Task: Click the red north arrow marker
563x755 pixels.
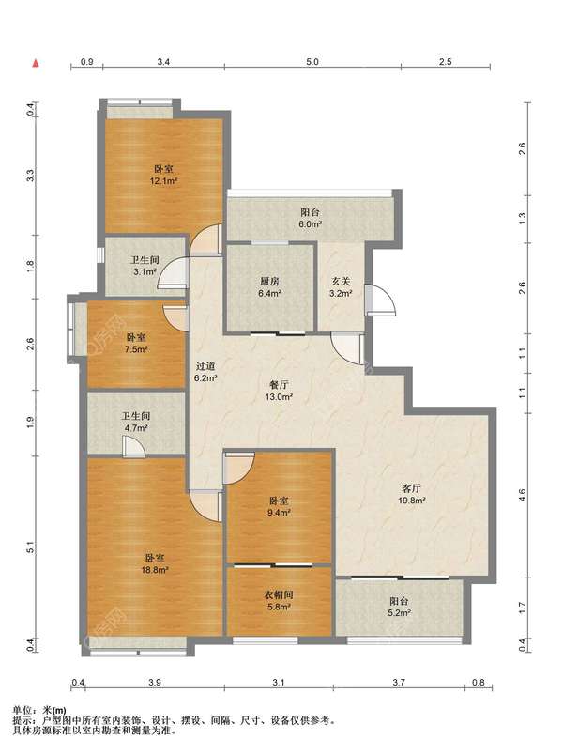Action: click(x=36, y=63)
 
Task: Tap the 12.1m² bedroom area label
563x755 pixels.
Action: click(x=163, y=176)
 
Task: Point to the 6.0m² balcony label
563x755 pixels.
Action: click(x=310, y=218)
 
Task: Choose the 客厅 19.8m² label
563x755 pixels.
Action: click(x=412, y=494)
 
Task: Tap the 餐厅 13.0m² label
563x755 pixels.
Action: click(x=279, y=391)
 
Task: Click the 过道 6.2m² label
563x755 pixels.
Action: click(x=205, y=372)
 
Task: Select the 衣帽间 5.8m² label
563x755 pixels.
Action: click(x=279, y=600)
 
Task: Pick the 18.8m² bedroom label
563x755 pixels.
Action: click(x=155, y=563)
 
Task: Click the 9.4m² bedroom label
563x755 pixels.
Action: click(x=279, y=506)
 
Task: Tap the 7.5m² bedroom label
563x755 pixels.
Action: click(x=136, y=344)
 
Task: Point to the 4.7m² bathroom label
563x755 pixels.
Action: click(x=136, y=422)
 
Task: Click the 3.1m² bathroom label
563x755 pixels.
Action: click(x=145, y=266)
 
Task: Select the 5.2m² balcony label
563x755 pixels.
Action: click(x=400, y=608)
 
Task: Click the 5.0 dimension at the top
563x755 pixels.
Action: click(x=312, y=62)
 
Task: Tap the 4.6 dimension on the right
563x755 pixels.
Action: click(x=523, y=495)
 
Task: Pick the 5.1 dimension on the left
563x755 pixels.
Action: click(x=31, y=547)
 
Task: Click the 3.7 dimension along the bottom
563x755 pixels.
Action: click(x=399, y=683)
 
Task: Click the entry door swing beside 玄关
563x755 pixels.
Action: click(x=381, y=300)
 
